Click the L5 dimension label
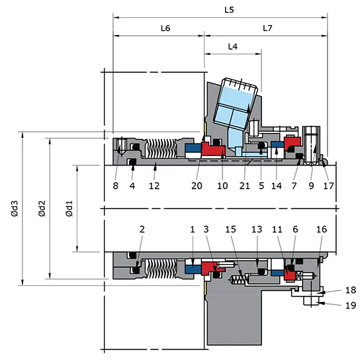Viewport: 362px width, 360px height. click(x=228, y=11)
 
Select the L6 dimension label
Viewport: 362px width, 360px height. click(x=165, y=29)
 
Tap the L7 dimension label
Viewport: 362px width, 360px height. click(x=267, y=29)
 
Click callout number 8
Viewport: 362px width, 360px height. click(x=115, y=186)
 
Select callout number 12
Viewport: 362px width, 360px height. click(x=154, y=186)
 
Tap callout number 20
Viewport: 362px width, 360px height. click(x=197, y=186)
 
